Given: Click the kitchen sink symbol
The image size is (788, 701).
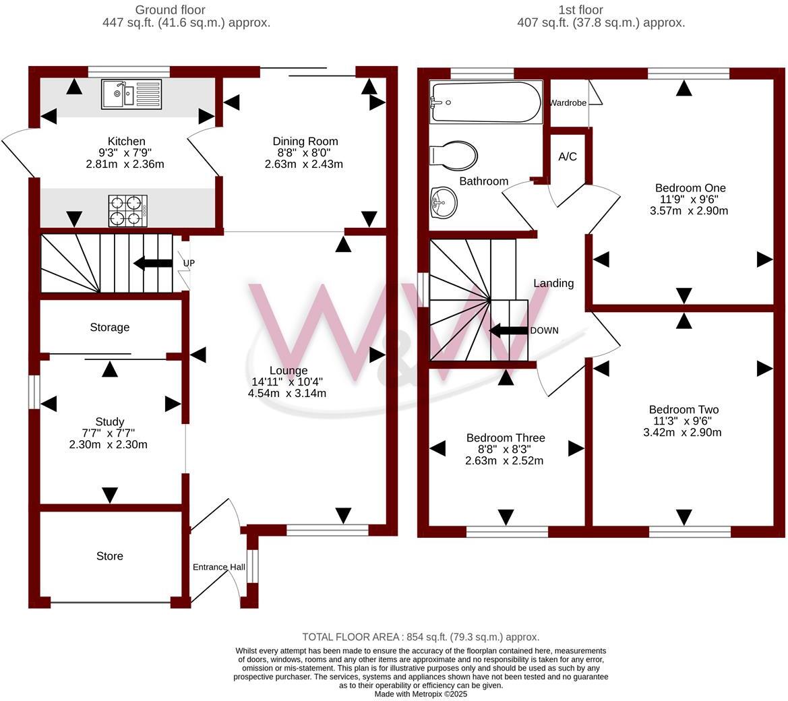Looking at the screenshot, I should click(x=131, y=94).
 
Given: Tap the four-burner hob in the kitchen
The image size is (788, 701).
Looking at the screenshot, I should click(x=128, y=210).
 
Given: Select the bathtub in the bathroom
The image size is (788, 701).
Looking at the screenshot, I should click(x=485, y=102).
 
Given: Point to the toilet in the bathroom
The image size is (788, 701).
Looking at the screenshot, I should click(x=454, y=156).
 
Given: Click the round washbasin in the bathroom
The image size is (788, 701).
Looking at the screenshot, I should click(x=443, y=202).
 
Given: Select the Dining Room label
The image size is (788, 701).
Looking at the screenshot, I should click(x=305, y=142).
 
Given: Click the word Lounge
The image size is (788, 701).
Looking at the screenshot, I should click(x=288, y=370).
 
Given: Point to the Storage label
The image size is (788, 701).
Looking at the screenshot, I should click(x=109, y=328).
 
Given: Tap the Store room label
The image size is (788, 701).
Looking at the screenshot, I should click(x=109, y=556).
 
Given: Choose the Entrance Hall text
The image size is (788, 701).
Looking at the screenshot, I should click(x=219, y=567).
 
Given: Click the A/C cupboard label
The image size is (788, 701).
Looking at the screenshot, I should click(x=568, y=157).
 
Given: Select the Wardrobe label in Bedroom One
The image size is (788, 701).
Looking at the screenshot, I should click(x=568, y=103).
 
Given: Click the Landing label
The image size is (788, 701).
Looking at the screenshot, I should click(x=553, y=283).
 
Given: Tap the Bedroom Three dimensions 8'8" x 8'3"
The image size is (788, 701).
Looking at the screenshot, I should click(x=505, y=450).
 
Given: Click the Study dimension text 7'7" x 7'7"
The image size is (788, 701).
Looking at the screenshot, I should click(x=109, y=433).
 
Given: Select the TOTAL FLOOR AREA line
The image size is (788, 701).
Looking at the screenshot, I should click(x=421, y=637).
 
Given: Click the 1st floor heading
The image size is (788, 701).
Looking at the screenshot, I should click(x=580, y=10).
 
